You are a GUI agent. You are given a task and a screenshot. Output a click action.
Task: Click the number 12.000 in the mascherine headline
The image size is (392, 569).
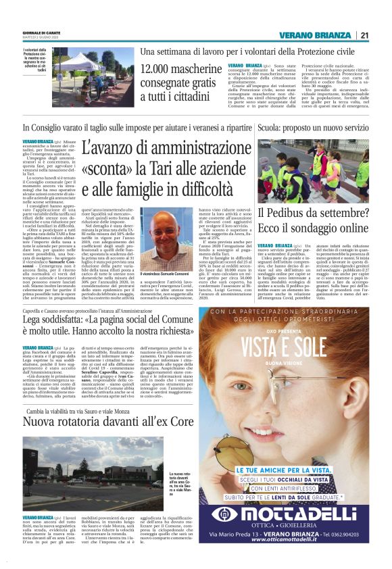coord(162,70)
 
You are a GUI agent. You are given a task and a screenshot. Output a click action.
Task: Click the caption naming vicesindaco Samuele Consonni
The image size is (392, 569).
coord(173,271)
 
